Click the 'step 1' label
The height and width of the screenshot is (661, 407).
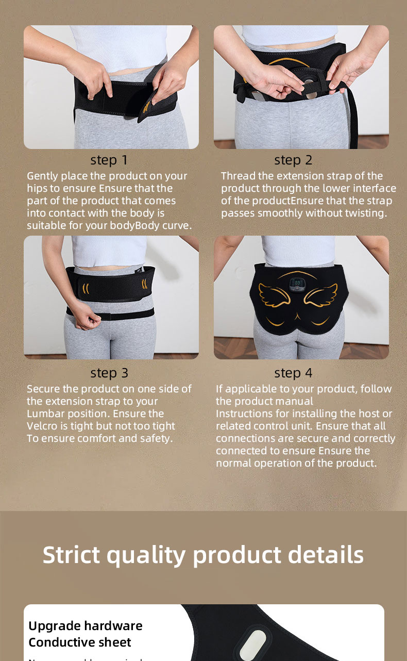[x=109, y=160]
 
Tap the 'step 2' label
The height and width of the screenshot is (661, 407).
[x=293, y=160]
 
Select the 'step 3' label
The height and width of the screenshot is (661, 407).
[x=109, y=373]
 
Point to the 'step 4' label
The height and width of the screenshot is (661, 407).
[x=293, y=373]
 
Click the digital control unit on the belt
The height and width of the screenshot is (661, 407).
[x=296, y=284]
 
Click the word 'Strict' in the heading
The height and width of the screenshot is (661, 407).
[x=71, y=555]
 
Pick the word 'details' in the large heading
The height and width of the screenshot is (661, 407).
[x=326, y=555]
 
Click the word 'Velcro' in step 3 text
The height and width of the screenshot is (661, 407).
[x=43, y=426]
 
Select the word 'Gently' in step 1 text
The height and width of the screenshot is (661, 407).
[x=44, y=176]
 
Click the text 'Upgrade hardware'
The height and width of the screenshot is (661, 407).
[x=86, y=626]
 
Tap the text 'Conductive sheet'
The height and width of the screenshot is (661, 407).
[x=80, y=642]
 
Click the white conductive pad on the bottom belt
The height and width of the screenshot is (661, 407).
[x=252, y=643]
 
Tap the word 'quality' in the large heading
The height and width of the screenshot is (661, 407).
[x=147, y=556]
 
